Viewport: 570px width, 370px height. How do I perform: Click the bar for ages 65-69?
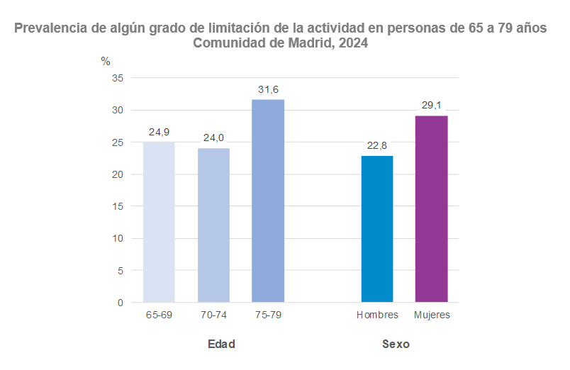coord(159,222)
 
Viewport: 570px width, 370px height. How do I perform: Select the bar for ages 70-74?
coord(213,225)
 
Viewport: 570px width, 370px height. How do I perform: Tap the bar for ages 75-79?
coord(268,201)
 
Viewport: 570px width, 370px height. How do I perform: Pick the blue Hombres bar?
coord(377,229)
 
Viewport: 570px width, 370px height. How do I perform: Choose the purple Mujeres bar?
coord(431,208)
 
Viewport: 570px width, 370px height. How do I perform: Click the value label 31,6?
coord(268,89)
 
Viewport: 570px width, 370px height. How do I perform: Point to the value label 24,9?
coord(159,132)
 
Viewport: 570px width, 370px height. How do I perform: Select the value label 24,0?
coord(213,138)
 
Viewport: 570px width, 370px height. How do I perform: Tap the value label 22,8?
coord(377,145)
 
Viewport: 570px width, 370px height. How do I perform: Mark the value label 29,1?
coord(431,105)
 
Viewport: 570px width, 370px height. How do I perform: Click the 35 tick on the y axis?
coord(118,78)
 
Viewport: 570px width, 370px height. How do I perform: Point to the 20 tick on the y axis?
coord(118,174)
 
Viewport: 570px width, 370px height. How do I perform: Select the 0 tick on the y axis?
coord(121,303)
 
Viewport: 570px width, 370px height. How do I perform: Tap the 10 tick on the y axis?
coord(118,238)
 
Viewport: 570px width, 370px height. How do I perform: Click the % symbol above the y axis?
coord(106,62)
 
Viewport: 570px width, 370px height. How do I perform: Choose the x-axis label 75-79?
coord(268,315)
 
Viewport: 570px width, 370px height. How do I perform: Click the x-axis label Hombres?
coord(377,315)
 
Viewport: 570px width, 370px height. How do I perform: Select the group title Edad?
coord(221,344)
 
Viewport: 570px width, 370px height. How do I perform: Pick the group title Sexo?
coord(396,344)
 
